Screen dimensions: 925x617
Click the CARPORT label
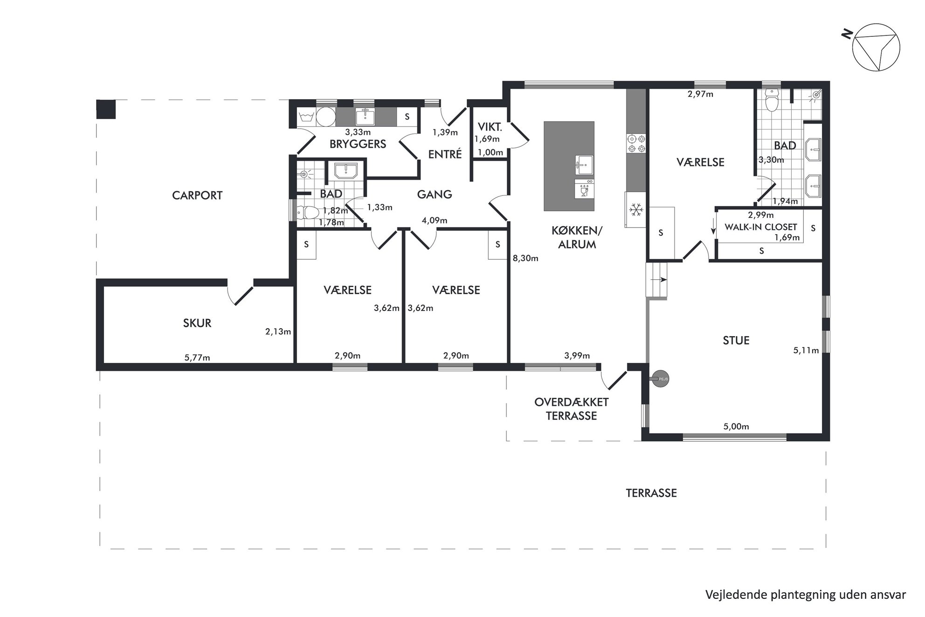(197, 195)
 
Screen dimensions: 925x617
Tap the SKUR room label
(197, 323)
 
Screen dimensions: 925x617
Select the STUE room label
(736, 340)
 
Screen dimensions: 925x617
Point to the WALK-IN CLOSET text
(760, 227)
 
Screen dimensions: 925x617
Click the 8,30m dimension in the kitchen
(525, 258)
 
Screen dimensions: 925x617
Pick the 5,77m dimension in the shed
(197, 358)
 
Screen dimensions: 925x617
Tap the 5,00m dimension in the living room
(736, 426)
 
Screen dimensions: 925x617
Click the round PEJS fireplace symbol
(660, 379)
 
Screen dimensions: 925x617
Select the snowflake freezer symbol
(635, 210)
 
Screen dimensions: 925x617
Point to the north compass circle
(876, 47)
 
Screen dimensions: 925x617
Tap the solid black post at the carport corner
(106, 109)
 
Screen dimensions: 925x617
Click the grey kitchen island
(569, 166)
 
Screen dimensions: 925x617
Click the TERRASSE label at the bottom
(651, 493)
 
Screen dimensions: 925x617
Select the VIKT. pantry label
(490, 127)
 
